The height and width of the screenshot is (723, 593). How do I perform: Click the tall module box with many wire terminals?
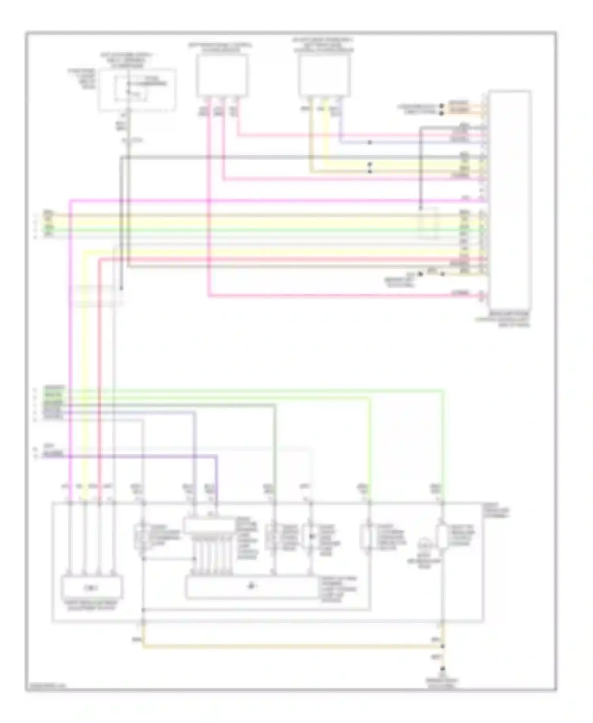[509, 200]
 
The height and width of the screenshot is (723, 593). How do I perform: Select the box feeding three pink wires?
[223, 76]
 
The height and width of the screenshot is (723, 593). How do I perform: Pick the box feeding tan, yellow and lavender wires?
[324, 76]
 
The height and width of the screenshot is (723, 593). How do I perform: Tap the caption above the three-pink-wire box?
[220, 48]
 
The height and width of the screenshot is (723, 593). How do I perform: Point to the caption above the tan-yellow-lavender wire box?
[323, 45]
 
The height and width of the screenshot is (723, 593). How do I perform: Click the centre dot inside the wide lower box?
[251, 586]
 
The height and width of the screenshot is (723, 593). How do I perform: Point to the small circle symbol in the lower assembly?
[425, 544]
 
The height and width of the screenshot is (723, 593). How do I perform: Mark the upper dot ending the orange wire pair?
[442, 106]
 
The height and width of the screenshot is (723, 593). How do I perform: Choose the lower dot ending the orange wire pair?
[442, 113]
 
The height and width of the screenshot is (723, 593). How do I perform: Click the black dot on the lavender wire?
[370, 142]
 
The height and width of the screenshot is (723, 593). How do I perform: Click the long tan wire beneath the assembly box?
[293, 647]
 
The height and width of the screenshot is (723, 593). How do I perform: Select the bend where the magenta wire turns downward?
[70, 201]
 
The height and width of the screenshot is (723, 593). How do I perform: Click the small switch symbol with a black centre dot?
[311, 537]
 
